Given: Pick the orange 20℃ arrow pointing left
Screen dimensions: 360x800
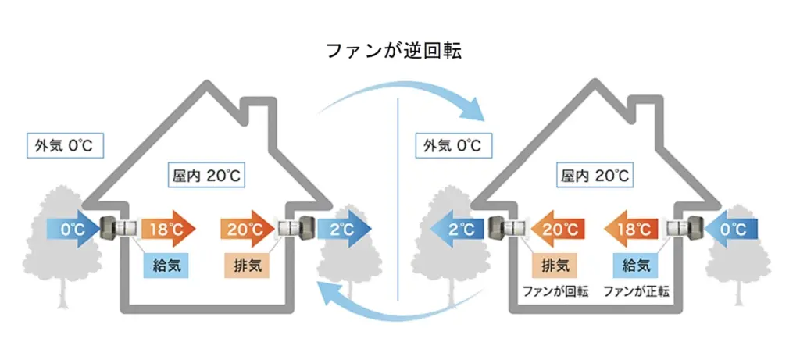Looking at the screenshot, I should (x=555, y=229).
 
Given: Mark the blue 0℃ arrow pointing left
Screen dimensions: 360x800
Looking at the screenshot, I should (x=729, y=229).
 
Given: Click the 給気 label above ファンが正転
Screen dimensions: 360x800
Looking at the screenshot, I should (x=636, y=266).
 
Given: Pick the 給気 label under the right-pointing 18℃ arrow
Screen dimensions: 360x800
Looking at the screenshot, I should (x=166, y=266).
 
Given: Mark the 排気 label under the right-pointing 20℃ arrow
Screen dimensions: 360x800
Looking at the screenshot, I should (x=247, y=266).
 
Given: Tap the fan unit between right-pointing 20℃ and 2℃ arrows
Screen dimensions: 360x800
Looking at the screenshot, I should (x=297, y=229).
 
